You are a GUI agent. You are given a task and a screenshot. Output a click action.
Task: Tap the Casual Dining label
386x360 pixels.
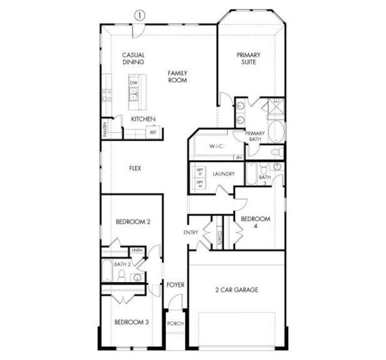click(133, 58)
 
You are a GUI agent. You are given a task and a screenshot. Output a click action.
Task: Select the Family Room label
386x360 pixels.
click(178, 76)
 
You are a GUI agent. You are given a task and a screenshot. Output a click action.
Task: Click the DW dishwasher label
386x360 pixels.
click(134, 83)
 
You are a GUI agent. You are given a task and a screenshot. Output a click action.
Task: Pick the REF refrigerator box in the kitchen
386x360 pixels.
click(153, 132)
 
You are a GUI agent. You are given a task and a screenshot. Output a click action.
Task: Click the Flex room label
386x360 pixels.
click(135, 169)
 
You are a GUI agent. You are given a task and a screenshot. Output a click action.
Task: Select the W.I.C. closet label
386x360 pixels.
click(216, 146)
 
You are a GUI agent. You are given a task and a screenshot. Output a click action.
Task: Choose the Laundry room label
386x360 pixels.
click(223, 174)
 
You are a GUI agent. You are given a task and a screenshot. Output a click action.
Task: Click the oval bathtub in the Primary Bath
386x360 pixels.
click(276, 131)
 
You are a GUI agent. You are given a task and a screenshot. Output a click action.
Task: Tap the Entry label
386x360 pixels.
click(191, 232)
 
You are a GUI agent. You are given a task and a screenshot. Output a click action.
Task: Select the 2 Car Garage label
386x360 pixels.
click(237, 290)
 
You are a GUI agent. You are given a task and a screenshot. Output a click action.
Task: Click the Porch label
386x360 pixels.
click(175, 324)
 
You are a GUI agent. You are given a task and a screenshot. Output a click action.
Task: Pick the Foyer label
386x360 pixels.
click(175, 284)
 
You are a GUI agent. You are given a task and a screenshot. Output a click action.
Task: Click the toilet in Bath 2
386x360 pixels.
click(121, 275)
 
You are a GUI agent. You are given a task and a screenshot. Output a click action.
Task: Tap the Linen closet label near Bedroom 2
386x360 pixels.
click(137, 250)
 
